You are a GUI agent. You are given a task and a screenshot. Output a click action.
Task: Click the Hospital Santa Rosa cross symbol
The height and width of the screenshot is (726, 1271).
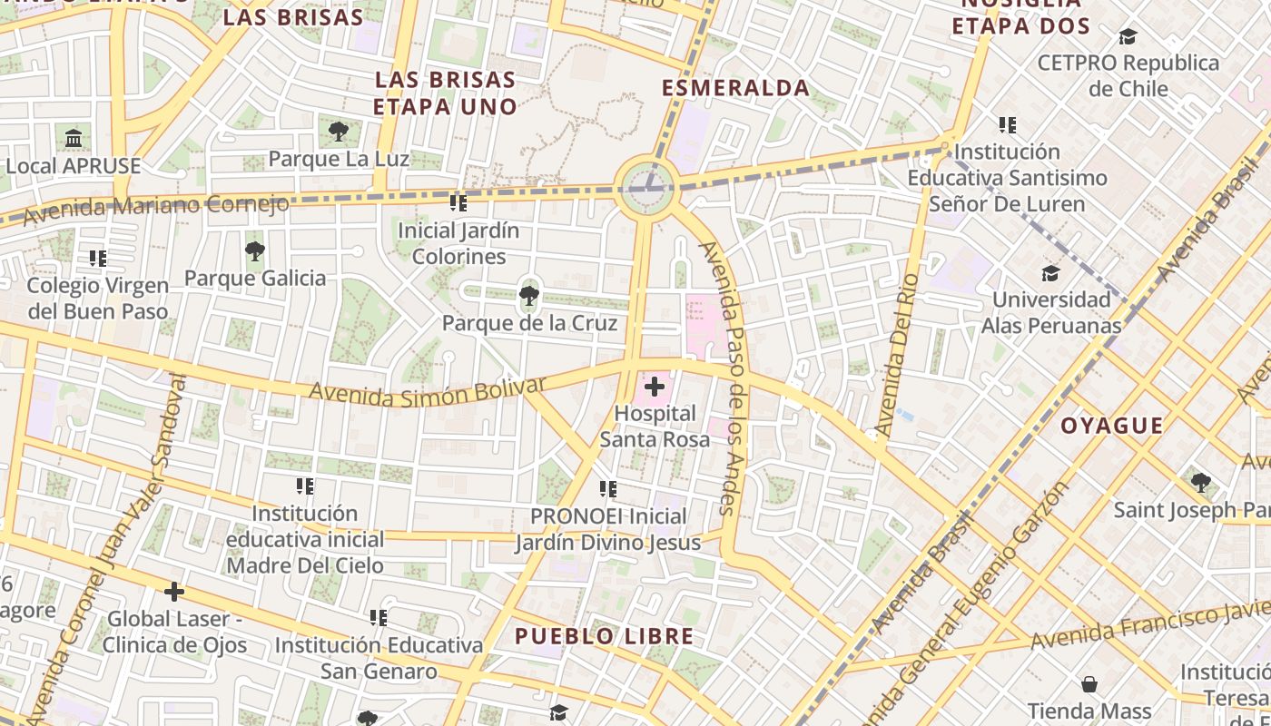tap(654, 388)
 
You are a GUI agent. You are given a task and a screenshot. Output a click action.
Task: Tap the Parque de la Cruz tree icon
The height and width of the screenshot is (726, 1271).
tap(528, 295)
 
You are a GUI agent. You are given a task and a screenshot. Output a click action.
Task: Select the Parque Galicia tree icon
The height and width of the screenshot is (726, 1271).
tap(255, 250)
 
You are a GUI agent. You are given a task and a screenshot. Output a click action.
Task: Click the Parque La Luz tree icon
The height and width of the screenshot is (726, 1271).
tap(339, 132)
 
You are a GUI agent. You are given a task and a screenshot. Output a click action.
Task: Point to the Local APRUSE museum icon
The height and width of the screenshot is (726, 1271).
tap(74, 139)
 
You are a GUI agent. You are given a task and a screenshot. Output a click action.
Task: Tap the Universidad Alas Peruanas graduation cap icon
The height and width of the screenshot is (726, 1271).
tap(1050, 272)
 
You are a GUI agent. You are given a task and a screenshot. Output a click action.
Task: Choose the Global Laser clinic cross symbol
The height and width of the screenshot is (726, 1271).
tap(173, 593)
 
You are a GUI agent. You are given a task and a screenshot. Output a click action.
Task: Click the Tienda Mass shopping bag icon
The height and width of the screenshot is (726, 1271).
tap(1089, 684)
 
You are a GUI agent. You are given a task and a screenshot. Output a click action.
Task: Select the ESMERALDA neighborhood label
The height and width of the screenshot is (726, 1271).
tap(735, 88)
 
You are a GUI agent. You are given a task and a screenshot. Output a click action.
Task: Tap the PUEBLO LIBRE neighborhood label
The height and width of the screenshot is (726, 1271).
tap(605, 636)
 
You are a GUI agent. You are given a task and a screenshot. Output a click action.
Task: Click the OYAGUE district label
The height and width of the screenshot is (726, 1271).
tap(1112, 426)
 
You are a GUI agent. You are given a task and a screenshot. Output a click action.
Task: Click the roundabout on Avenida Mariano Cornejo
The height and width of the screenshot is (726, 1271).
tap(647, 188)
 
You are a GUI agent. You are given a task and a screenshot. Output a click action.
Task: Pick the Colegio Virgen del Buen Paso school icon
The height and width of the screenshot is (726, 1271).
tap(98, 259)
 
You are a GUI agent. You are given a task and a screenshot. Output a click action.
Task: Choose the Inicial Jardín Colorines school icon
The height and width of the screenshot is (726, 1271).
tap(458, 202)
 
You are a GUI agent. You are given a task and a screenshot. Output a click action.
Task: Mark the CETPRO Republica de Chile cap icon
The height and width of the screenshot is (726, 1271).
tap(1128, 36)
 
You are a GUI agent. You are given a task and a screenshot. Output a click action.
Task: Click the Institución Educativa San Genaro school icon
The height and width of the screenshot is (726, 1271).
tap(379, 618)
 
